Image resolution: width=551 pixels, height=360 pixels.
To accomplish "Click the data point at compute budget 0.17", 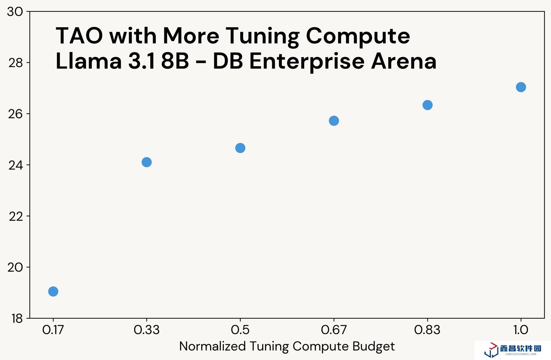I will (53, 291).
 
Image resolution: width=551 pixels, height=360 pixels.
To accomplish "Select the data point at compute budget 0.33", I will (147, 162).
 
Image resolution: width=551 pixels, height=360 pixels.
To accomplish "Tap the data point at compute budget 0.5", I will (240, 148).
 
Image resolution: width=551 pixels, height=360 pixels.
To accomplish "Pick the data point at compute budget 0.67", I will (334, 121).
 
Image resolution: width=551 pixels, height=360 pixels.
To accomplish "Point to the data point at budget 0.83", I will (427, 105).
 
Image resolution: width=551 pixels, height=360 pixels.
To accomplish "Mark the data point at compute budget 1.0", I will (521, 87).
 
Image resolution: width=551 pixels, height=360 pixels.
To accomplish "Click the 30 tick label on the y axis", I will (15, 12).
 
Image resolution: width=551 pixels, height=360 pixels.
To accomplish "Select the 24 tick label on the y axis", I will (16, 165).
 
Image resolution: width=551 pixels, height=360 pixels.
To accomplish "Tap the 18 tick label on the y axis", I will (16, 319).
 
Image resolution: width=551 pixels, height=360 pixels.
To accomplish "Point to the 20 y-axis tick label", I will (15, 267).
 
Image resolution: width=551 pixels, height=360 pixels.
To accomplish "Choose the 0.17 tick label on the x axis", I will (53, 330).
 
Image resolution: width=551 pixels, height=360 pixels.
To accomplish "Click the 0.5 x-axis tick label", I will (240, 330).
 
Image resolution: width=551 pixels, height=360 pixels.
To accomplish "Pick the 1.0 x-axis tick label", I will (521, 330).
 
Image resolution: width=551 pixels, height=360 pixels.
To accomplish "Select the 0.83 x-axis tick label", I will (427, 330).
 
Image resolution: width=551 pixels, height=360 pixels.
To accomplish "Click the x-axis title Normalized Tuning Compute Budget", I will (287, 347).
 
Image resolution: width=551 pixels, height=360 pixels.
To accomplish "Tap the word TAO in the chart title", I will (79, 36).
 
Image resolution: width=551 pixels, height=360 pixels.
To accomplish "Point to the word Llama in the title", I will (88, 61).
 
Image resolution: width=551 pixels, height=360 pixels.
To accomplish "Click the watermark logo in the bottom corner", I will (513, 349).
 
